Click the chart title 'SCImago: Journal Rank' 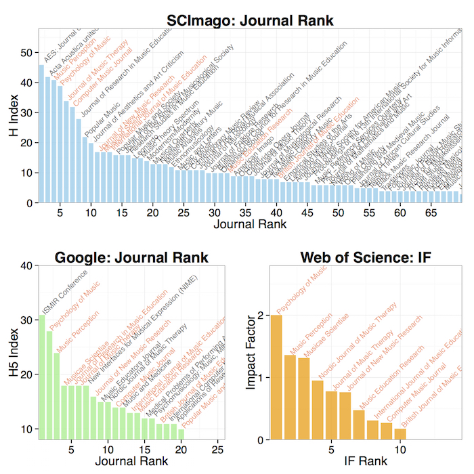(250, 20)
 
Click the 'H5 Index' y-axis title (12, 352)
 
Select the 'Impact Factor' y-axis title (250, 352)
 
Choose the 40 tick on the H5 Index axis (27, 266)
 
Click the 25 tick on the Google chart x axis (217, 449)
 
